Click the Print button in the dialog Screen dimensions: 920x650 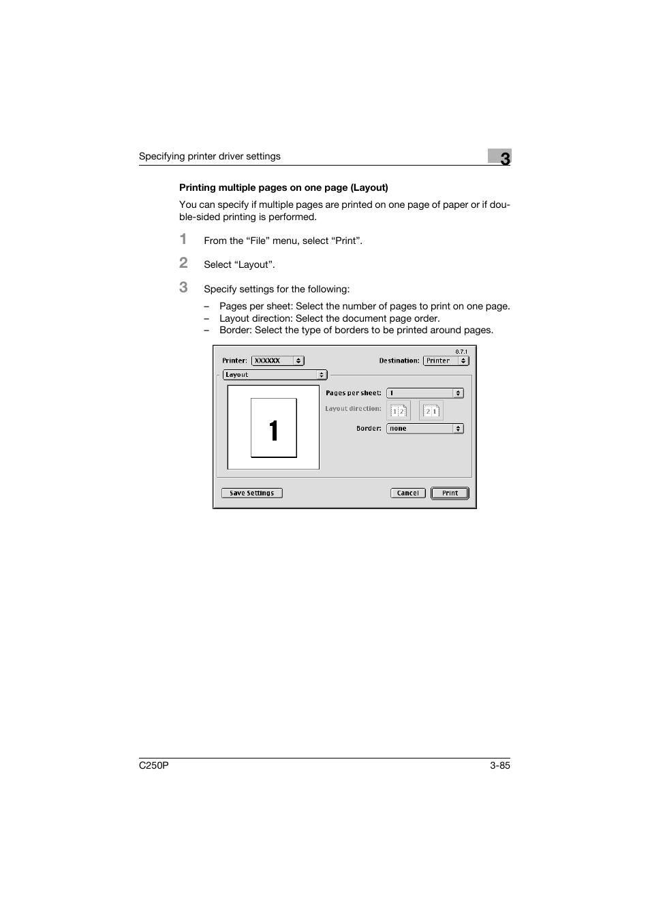pos(450,493)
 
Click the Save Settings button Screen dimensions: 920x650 pos(251,493)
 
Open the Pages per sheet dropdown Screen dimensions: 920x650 pos(424,393)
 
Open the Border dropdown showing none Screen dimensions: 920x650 pos(424,429)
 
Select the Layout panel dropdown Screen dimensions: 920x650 pos(275,375)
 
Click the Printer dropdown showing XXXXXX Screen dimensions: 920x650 pos(277,361)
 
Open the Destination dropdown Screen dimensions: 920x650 pos(446,361)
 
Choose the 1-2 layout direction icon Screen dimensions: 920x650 pos(399,410)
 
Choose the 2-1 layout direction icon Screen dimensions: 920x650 pos(431,410)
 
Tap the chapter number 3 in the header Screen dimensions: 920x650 pos(504,158)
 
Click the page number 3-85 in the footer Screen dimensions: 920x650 pos(499,765)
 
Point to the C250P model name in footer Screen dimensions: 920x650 pos(153,765)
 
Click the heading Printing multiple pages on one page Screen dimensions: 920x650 pos(283,187)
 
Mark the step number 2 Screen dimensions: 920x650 pos(183,263)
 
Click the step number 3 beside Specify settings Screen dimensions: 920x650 pos(183,288)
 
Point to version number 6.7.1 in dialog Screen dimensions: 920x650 pos(461,352)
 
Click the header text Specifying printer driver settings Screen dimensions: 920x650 pos(209,156)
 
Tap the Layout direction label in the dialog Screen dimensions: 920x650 pos(353,409)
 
